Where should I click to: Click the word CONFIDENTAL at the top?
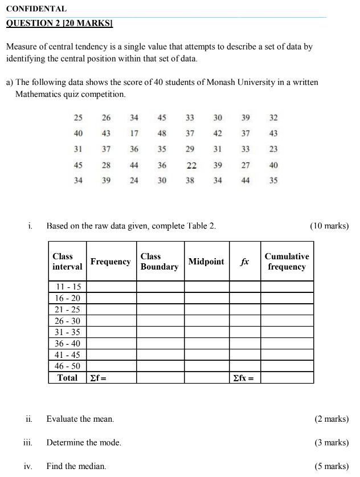36,9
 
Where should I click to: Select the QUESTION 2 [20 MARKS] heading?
59,24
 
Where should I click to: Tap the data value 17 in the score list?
134,133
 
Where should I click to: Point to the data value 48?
162,133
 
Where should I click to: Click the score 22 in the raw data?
191,165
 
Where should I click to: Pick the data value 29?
190,149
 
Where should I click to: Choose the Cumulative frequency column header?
287,262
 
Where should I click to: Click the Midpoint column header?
206,262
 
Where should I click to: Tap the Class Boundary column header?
159,262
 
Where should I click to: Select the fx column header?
244,262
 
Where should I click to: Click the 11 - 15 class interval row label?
68,287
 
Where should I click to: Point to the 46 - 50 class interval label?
68,366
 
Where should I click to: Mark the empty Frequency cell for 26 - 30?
111,321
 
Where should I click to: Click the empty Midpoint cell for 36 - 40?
206,344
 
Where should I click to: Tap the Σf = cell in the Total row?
111,378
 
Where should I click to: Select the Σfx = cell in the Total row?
244,378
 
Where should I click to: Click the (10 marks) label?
329,226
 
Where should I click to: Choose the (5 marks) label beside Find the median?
332,466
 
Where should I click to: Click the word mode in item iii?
111,442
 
